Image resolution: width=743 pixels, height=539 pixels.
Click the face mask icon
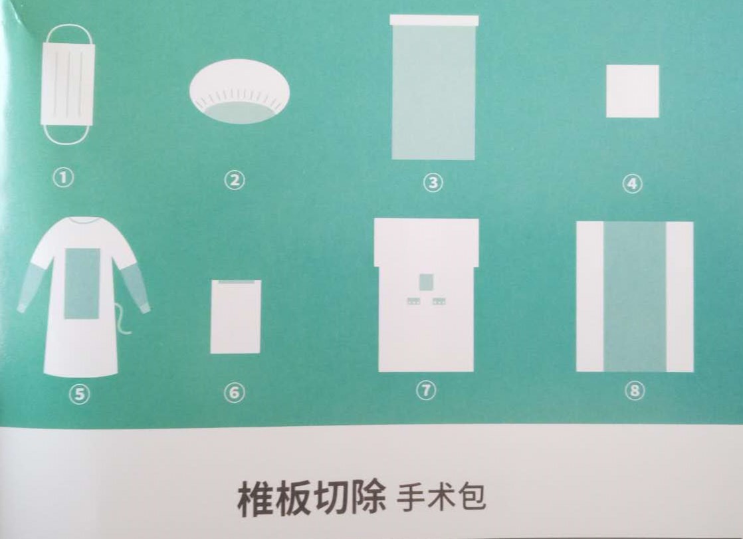click(x=68, y=84)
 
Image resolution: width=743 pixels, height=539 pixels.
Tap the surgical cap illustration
click(x=239, y=91)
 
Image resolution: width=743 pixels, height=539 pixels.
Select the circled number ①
click(x=64, y=178)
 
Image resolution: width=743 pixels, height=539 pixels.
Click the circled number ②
click(x=235, y=180)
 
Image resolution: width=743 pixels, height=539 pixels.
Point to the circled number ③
click(x=433, y=183)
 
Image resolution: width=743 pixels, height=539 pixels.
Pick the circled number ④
click(x=633, y=184)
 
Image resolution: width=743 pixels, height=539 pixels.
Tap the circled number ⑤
click(x=79, y=393)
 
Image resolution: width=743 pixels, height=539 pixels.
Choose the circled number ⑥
click(x=235, y=393)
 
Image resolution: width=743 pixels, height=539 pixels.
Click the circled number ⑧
click(x=635, y=391)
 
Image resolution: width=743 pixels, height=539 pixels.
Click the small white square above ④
click(x=633, y=91)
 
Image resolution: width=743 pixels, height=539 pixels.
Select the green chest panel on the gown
click(x=82, y=284)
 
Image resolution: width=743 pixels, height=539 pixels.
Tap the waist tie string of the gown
click(x=122, y=318)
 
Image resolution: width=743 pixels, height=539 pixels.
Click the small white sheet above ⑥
click(x=235, y=316)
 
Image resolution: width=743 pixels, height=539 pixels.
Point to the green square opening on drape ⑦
click(x=427, y=282)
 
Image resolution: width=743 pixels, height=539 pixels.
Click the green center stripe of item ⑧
click(x=635, y=297)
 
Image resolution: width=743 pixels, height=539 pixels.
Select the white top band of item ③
click(x=434, y=21)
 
